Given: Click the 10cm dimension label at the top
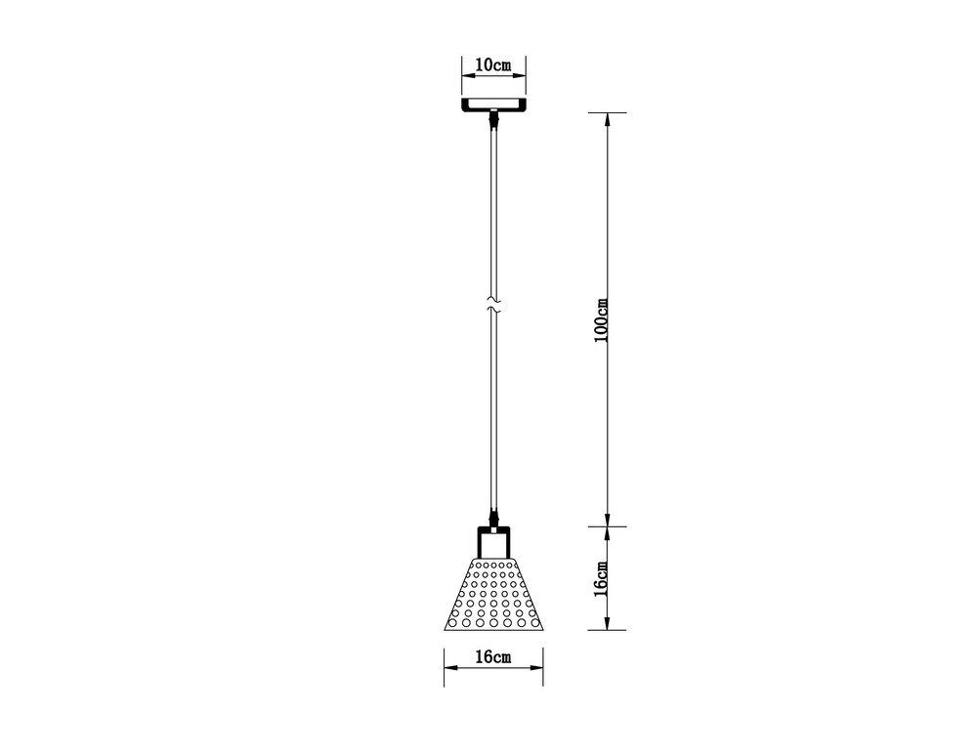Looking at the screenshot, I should point(492,65).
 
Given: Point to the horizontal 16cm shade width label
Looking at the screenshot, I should point(493,657).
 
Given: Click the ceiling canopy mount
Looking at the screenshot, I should point(493,105).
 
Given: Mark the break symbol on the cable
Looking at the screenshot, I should point(494,302).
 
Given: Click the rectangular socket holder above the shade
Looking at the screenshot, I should point(494,541).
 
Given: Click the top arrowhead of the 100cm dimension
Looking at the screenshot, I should point(608,118).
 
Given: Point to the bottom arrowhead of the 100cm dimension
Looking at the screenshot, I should point(608,520).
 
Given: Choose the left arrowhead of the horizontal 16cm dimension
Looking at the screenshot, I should point(449,669).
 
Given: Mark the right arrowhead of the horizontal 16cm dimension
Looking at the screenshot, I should point(538,669).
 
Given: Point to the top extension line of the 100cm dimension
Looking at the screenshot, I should point(606,112).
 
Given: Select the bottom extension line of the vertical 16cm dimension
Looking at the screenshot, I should point(606,630).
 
